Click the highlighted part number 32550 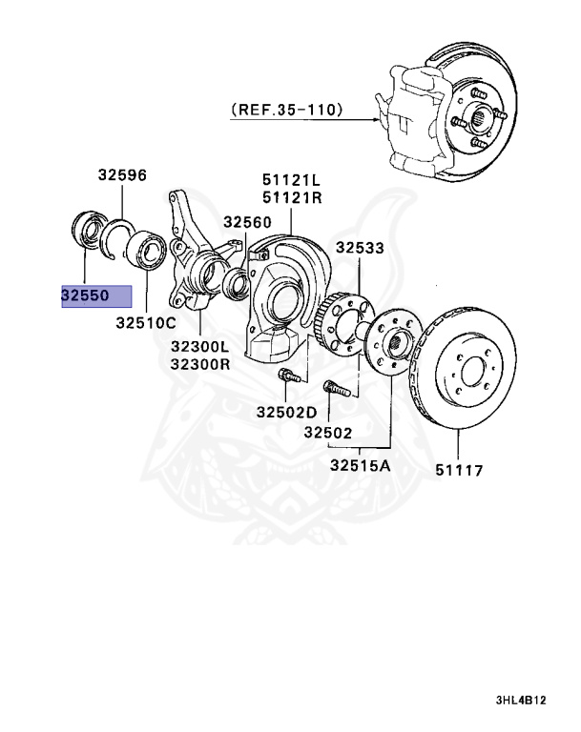coord(85,295)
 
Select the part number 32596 coord(121,175)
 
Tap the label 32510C coord(146,323)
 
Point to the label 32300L coord(199,347)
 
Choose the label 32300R coord(199,364)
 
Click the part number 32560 coord(248,221)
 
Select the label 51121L coord(292,180)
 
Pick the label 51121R coord(292,197)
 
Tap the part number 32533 coord(359,248)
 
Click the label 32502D coord(285,412)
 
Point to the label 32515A coord(362,466)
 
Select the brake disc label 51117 coord(459,470)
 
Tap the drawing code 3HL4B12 coord(520,700)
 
